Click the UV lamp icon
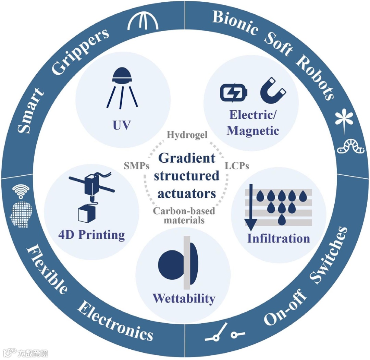point(122,87)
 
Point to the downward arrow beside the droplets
point(251,207)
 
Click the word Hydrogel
point(187,135)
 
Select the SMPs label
point(136,166)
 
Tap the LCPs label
point(237,166)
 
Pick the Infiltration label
point(278,238)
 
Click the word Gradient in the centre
point(187,158)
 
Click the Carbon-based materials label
point(184,215)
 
